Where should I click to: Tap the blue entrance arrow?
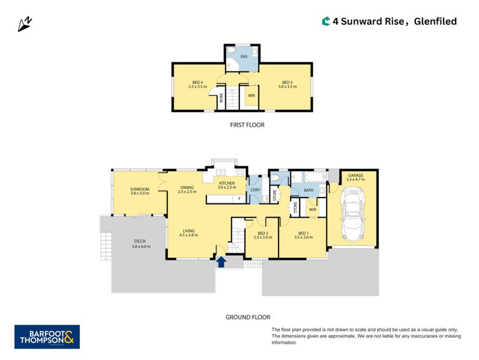(221, 261)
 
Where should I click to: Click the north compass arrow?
(25, 24)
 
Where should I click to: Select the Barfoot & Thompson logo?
(47, 337)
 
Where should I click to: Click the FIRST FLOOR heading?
(247, 125)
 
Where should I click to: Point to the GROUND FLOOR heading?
(247, 317)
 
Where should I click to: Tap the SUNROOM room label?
(139, 191)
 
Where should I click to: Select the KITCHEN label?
(227, 185)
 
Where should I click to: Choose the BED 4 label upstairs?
(197, 84)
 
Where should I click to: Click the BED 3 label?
(287, 84)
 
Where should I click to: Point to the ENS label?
(244, 57)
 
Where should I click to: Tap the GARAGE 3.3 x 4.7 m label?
(355, 178)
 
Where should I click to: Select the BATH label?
(309, 190)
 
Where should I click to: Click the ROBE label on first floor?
(221, 98)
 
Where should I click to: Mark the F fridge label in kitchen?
(239, 198)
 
